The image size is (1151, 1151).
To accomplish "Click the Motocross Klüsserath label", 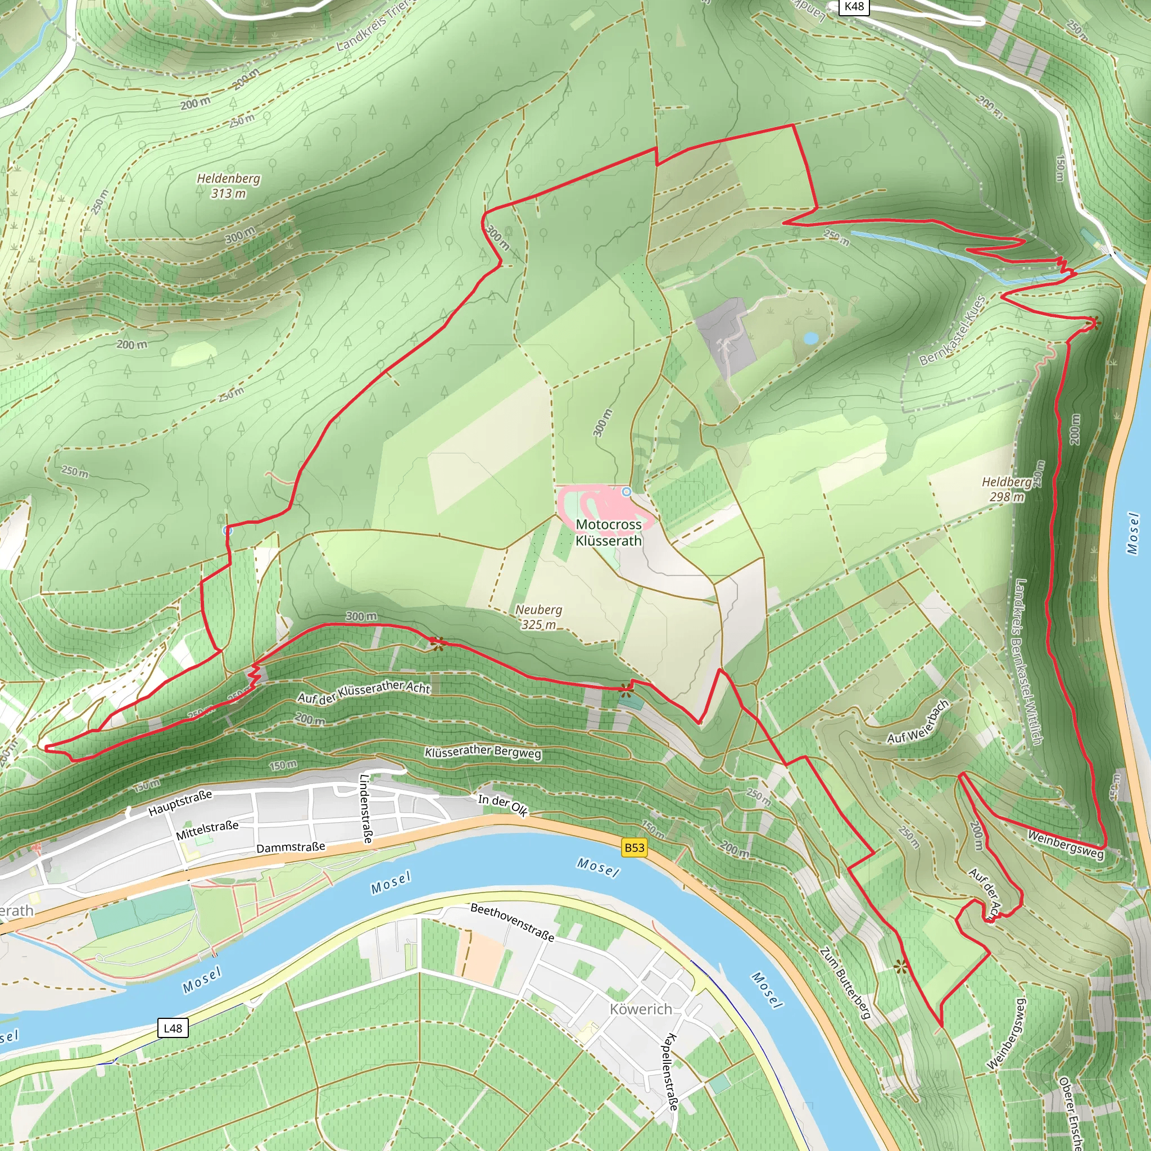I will [x=608, y=533].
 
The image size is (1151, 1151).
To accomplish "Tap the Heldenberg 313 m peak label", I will [x=229, y=186].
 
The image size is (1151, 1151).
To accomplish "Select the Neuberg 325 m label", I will [x=538, y=617].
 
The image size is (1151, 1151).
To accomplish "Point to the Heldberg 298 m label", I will [x=1007, y=489].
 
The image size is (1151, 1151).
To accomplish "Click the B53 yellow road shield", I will [x=635, y=848].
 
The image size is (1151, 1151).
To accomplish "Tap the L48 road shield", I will [x=173, y=1028].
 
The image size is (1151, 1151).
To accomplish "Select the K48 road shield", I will [x=854, y=7].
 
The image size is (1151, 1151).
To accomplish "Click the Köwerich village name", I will [x=641, y=1009].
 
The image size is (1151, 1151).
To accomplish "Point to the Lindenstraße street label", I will [x=367, y=808].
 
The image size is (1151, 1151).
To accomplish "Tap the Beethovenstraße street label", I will [x=513, y=922].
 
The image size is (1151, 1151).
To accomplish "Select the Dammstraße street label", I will [x=291, y=847].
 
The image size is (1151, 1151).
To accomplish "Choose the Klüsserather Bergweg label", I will [x=483, y=753].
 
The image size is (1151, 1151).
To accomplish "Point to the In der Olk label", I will [x=503, y=805].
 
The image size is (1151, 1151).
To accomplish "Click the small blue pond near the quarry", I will [x=810, y=338].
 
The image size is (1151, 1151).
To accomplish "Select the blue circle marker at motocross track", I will [x=626, y=492].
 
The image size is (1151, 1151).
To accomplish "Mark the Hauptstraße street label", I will [x=180, y=803].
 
